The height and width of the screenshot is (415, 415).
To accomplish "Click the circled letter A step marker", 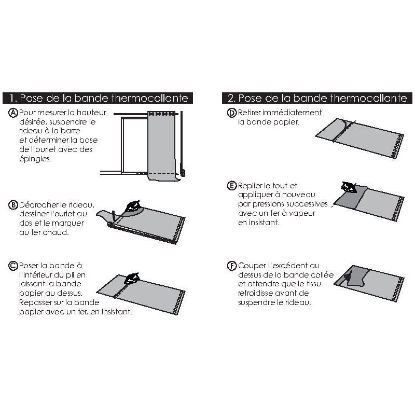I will pos(13,113).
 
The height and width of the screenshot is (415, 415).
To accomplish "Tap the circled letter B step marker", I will pos(13,204).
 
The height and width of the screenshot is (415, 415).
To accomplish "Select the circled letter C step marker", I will pos(13,266).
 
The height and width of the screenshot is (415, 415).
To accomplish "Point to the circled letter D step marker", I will pos(232,113).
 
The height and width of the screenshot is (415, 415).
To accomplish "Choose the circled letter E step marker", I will pos(232,186).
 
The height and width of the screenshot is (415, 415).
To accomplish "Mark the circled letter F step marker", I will pos(232,266).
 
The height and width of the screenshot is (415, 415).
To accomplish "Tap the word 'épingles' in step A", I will pos(35,160).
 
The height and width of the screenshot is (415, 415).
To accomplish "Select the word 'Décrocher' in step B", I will pos(38,204).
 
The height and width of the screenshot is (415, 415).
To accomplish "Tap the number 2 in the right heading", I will pos(231,98).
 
